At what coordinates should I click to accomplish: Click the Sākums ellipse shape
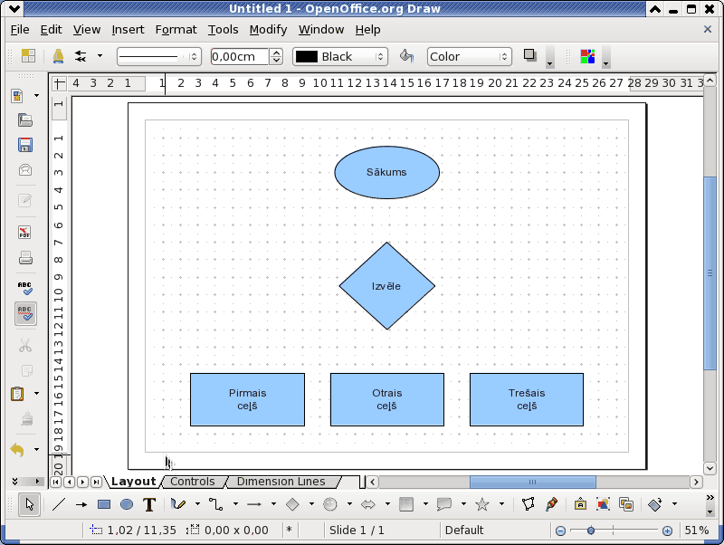pyautogui.click(x=387, y=172)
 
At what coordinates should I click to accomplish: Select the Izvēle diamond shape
pyautogui.click(x=387, y=286)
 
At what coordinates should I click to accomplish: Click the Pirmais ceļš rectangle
pyautogui.click(x=247, y=399)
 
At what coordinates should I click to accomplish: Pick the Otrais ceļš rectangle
pyautogui.click(x=387, y=399)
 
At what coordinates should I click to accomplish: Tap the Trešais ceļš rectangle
pyautogui.click(x=527, y=399)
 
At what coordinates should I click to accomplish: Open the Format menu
pyautogui.click(x=176, y=30)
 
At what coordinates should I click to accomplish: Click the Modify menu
pyautogui.click(x=268, y=30)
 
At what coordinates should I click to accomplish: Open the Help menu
pyautogui.click(x=368, y=30)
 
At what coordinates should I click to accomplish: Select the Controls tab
pyautogui.click(x=193, y=482)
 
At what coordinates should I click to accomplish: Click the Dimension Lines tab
pyautogui.click(x=281, y=482)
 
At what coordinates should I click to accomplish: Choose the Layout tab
pyautogui.click(x=133, y=482)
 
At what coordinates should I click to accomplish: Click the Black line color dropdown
pyautogui.click(x=340, y=56)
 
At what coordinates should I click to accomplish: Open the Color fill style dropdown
pyautogui.click(x=469, y=56)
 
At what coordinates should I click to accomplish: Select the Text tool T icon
pyautogui.click(x=149, y=504)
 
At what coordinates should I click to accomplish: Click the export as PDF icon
pyautogui.click(x=25, y=232)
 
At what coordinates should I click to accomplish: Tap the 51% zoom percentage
pyautogui.click(x=696, y=531)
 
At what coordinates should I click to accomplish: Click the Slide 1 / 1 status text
pyautogui.click(x=357, y=531)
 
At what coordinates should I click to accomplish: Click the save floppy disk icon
pyautogui.click(x=25, y=145)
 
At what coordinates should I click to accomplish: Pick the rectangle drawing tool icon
pyautogui.click(x=104, y=504)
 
